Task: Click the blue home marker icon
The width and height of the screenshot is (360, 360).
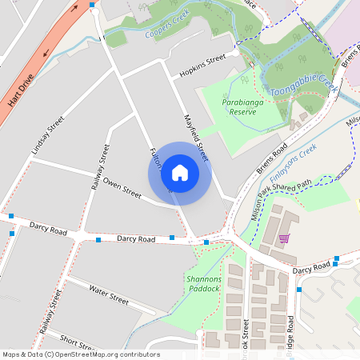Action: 180,172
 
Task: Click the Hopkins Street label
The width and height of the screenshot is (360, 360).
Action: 203,63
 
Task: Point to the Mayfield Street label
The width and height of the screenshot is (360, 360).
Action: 195,134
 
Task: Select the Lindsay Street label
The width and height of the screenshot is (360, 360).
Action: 47,136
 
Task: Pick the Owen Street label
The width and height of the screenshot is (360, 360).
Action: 122,188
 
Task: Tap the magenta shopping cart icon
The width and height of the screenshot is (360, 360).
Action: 283,238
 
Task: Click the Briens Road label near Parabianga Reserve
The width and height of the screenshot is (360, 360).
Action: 272,160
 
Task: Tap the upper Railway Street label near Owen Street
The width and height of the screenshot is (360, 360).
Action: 102,164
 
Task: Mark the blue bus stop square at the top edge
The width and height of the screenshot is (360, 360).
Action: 92,5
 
